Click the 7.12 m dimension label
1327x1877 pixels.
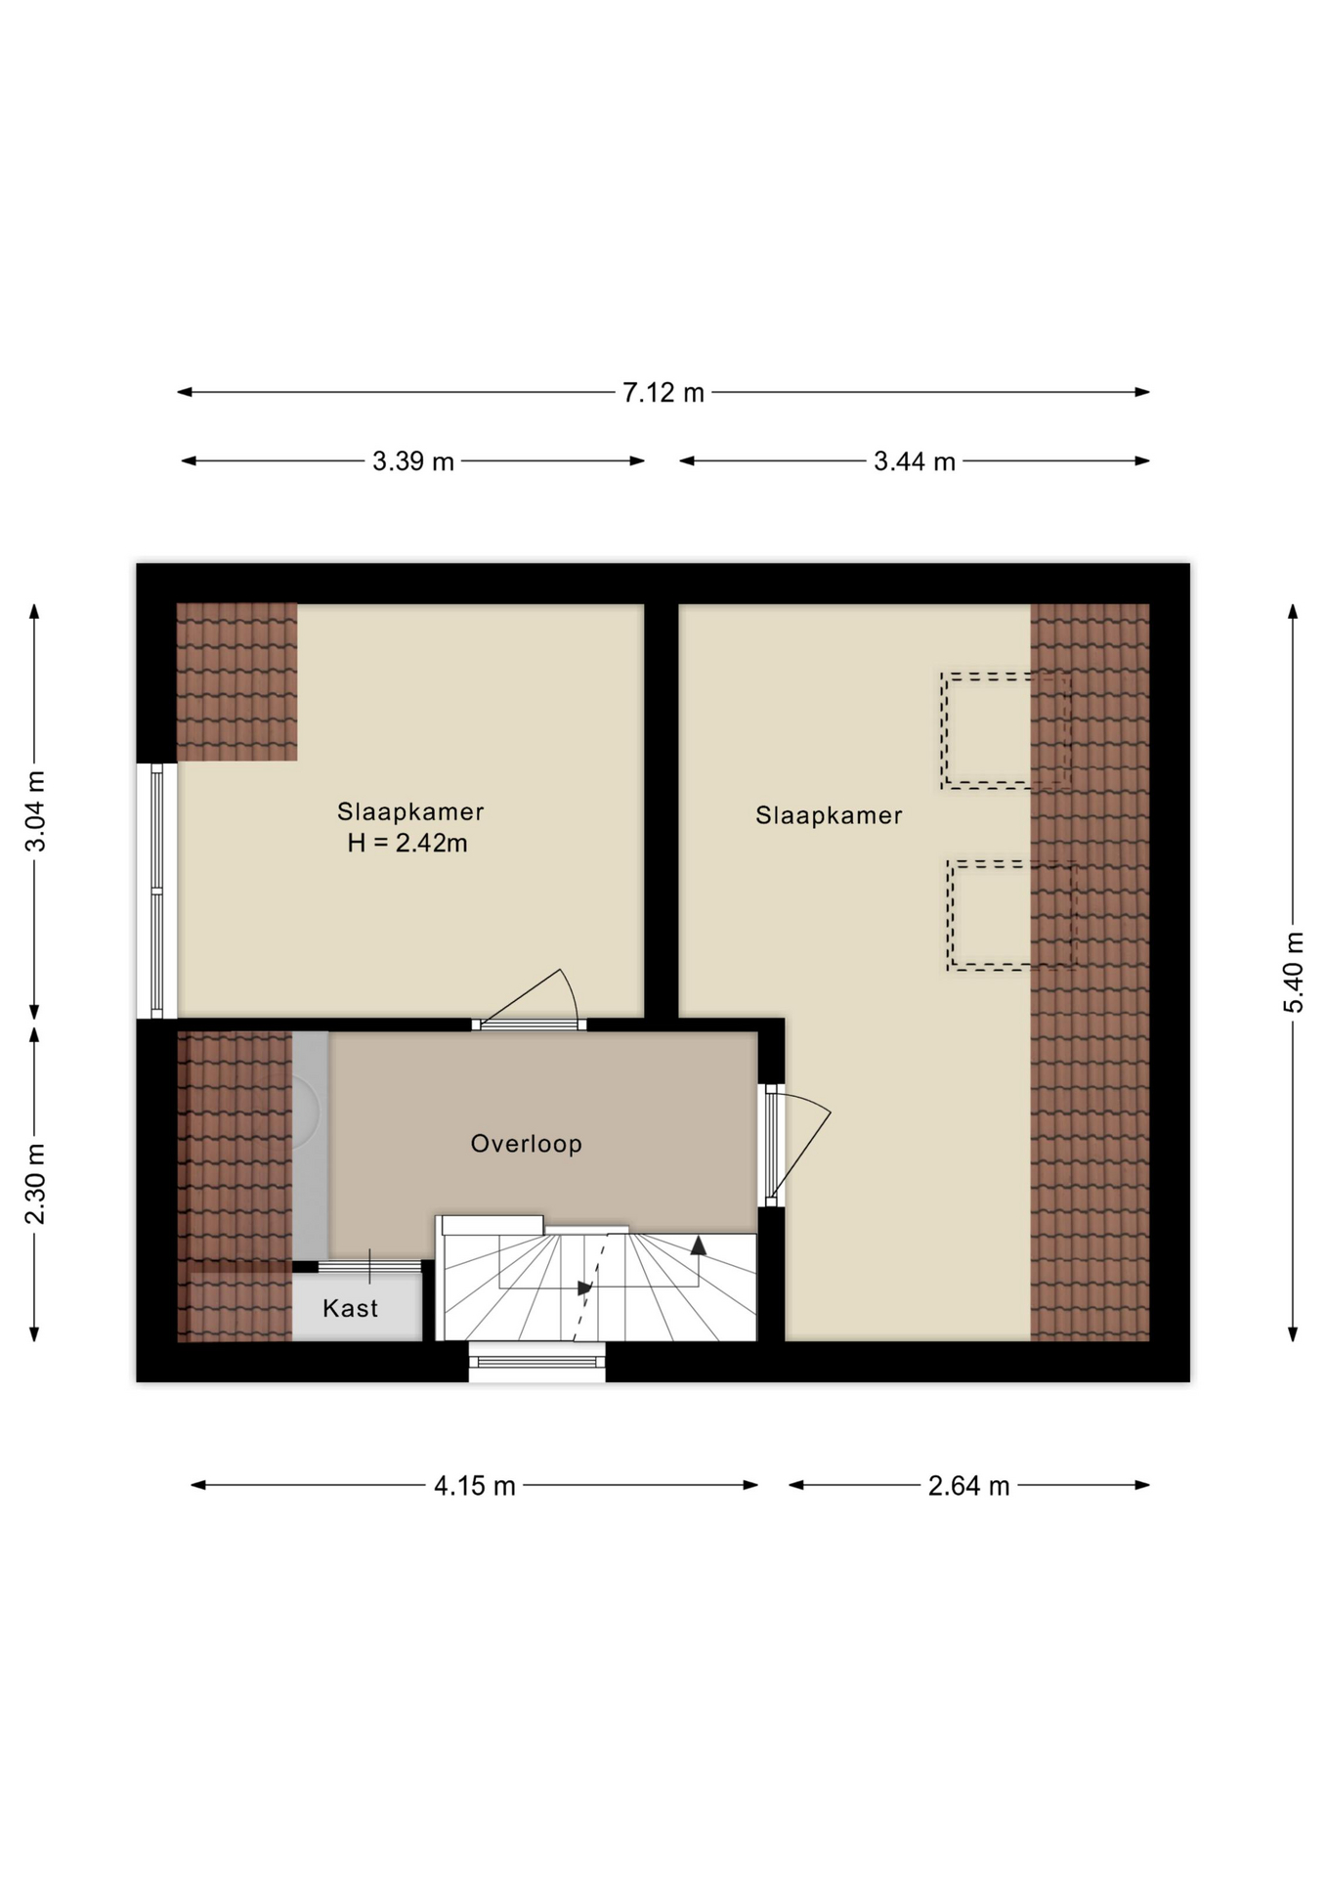click(663, 392)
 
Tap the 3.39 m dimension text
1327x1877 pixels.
click(413, 461)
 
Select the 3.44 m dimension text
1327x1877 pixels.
click(915, 461)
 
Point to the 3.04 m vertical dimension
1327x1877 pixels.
click(35, 811)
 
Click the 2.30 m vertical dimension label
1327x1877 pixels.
click(35, 1183)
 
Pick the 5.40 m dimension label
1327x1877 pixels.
click(1294, 973)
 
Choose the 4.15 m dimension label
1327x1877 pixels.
click(475, 1486)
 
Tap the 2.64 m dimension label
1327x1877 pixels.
click(968, 1486)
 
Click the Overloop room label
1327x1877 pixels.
click(527, 1144)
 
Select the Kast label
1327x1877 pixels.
click(350, 1308)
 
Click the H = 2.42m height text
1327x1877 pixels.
click(407, 843)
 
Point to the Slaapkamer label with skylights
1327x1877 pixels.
click(829, 815)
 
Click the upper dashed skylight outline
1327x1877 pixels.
click(1006, 676)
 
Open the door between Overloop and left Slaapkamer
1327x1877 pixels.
click(529, 1024)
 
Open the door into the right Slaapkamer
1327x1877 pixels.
click(774, 1145)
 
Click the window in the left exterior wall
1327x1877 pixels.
click(156, 891)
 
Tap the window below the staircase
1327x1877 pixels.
click(536, 1361)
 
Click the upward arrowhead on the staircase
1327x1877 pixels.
click(699, 1245)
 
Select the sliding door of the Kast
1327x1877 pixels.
click(369, 1266)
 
